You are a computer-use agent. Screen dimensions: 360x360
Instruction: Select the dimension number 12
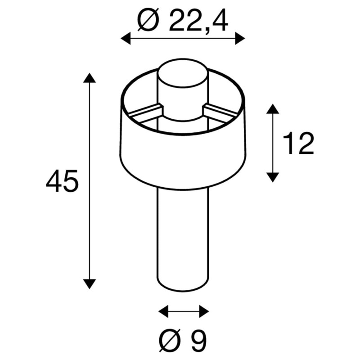point(299,144)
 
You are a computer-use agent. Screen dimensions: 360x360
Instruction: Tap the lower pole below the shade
point(183,234)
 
